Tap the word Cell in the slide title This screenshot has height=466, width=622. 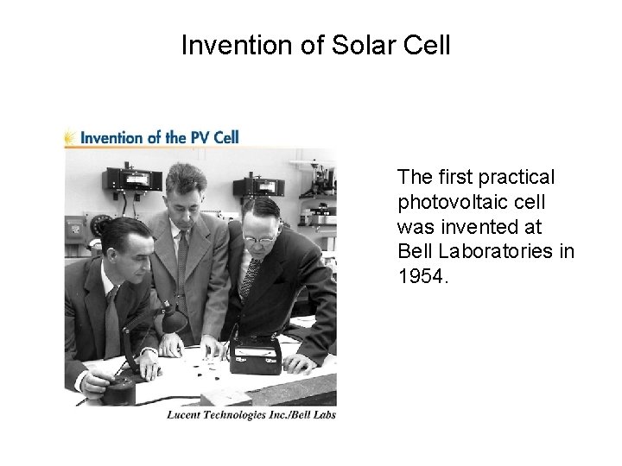click(x=426, y=44)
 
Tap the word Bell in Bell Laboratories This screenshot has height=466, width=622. click(x=414, y=251)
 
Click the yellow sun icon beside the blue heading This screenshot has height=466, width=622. click(x=69, y=136)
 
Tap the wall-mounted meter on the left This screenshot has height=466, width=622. click(x=132, y=179)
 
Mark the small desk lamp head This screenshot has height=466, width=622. click(x=174, y=321)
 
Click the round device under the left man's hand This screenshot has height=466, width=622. click(x=118, y=388)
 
